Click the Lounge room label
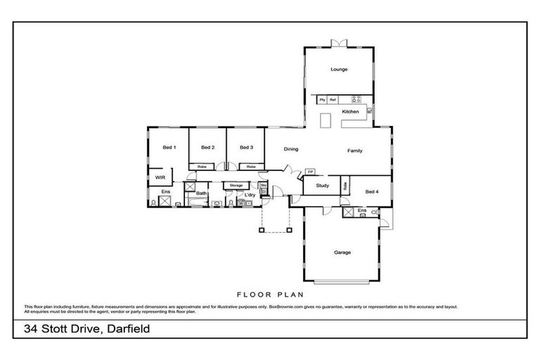tap(340, 70)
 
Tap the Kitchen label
tap(350, 112)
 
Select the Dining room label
tap(291, 149)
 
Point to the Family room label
tap(354, 151)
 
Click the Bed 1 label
tap(169, 147)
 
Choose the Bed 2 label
tap(207, 147)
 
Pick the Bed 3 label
tap(245, 147)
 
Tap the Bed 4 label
tap(372, 191)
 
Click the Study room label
tap(322, 186)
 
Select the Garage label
tap(342, 252)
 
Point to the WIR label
tap(160, 178)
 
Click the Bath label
tap(201, 193)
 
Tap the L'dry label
tap(249, 194)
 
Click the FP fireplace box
tap(310, 171)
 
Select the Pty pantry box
tap(322, 100)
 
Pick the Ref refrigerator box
tap(333, 100)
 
